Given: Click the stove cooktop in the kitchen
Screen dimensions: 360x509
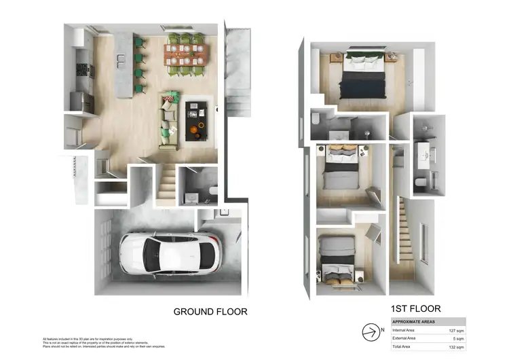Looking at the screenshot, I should click(83, 68).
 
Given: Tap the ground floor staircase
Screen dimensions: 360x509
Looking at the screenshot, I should click(166, 184).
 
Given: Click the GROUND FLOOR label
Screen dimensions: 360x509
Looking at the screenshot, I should click(210, 312).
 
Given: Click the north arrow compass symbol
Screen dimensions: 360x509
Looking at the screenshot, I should click(371, 333).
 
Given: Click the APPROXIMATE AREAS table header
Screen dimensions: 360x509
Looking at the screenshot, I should click(415, 322).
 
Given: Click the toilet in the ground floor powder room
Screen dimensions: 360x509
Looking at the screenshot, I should click(211, 191).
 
